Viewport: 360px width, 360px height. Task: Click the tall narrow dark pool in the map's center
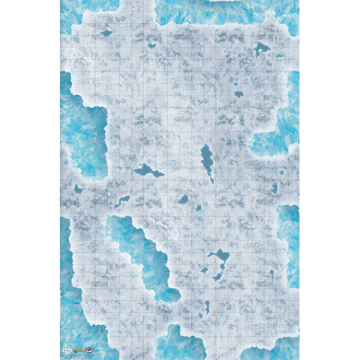click(207, 162)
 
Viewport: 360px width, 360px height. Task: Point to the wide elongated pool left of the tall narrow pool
click(148, 171)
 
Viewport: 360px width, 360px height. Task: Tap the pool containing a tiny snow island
click(261, 49)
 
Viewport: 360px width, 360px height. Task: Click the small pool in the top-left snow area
click(107, 32)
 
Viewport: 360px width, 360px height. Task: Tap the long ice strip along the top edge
click(223, 9)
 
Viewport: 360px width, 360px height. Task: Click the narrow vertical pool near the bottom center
click(207, 307)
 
